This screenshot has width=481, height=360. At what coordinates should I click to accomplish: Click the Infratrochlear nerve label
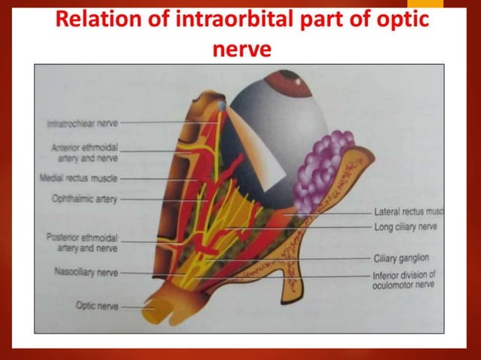[81, 122]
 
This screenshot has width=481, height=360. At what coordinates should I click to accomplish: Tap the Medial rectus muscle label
[78, 179]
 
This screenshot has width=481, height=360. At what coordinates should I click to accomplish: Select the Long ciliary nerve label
[406, 227]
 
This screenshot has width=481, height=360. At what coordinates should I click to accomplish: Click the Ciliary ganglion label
[402, 258]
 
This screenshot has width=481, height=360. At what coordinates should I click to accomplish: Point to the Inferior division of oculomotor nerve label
[403, 279]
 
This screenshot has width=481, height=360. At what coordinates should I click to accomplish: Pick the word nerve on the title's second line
[240, 51]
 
